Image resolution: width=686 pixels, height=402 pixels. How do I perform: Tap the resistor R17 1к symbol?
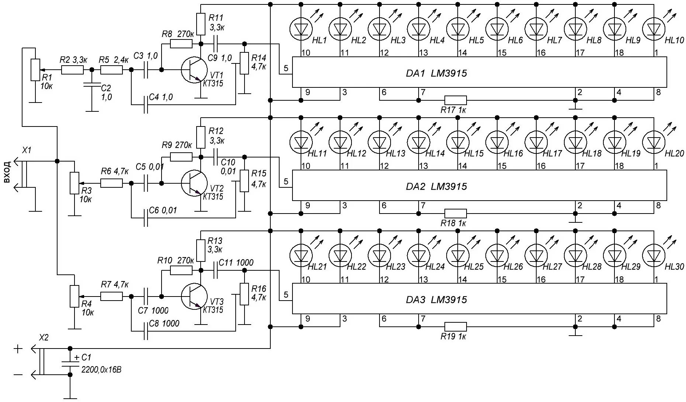455,100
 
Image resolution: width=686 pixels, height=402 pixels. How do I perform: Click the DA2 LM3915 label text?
436,187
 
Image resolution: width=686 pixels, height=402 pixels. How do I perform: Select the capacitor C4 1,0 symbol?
146,105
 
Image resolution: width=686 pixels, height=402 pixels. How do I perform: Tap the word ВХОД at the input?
7,171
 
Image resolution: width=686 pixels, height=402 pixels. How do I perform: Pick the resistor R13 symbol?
201,250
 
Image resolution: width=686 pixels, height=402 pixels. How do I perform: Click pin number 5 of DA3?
286,295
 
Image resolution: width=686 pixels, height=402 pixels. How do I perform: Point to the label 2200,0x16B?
101,369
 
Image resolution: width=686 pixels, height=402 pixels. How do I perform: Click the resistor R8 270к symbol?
181,44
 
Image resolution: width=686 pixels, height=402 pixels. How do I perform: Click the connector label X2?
44,338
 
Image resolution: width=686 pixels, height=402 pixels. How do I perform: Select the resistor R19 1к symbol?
455,327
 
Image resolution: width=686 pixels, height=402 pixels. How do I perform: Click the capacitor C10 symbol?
216,157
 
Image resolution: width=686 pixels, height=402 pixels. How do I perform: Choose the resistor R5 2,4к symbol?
111,70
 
